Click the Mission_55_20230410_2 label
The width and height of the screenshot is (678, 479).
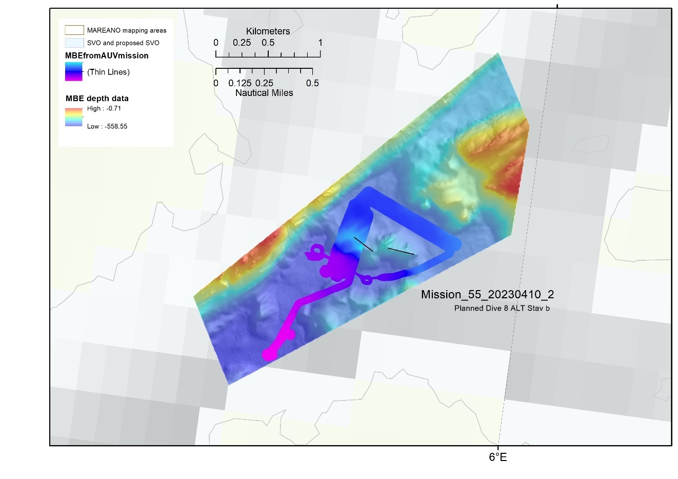pos(487,295)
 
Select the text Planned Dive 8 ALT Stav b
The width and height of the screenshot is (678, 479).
pos(502,308)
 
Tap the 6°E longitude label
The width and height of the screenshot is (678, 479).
pos(497,457)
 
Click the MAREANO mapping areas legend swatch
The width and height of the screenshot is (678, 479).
pos(74,30)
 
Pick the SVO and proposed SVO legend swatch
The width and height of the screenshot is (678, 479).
pos(74,43)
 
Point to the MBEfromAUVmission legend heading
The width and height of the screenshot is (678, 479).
pos(107,55)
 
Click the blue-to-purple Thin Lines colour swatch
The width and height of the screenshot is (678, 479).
pos(74,72)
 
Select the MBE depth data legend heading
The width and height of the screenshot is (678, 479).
pos(97,98)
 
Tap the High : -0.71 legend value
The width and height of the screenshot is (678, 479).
pos(104,108)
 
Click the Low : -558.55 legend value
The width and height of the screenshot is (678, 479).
pos(107,126)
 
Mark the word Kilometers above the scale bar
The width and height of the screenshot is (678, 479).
pos(268,31)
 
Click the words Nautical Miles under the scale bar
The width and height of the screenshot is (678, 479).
pos(264,93)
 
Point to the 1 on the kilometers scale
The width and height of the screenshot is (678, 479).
pos(320,43)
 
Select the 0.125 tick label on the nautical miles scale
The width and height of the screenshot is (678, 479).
pos(240,83)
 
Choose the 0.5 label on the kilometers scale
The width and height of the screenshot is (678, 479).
pos(268,43)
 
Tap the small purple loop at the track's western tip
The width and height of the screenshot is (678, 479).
pos(316,251)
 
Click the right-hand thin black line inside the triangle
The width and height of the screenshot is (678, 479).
pos(401,251)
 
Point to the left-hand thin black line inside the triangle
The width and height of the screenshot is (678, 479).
pos(363,244)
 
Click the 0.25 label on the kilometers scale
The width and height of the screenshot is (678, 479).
pos(242,43)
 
